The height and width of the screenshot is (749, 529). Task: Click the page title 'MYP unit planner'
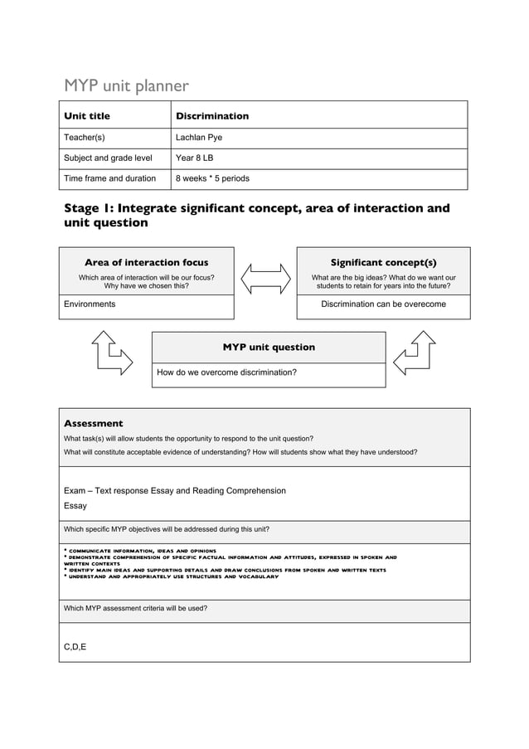point(127,85)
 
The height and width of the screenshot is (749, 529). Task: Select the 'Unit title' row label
point(87,116)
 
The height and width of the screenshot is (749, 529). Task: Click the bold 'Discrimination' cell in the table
point(212,116)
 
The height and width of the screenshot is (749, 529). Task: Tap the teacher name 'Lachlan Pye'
point(199,138)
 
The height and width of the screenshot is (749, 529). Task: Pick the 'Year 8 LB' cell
point(196,158)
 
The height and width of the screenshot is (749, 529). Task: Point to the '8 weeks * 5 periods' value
point(212,178)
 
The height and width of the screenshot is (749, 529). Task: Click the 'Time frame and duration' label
point(110,178)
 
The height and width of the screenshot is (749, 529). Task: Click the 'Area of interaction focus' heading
point(146,262)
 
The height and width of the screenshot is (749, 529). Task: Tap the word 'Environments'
point(90,304)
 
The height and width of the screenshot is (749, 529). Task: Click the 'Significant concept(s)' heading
point(383,262)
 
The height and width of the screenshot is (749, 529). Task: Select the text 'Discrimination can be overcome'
point(383,304)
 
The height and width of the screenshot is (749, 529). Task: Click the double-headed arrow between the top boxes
point(265,278)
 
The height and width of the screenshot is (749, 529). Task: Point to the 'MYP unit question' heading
point(269,347)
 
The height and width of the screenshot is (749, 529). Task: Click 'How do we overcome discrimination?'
point(226,373)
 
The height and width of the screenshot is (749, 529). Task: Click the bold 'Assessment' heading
point(93,423)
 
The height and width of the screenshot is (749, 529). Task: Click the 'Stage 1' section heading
point(257,215)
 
